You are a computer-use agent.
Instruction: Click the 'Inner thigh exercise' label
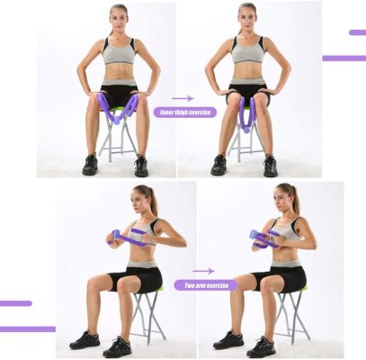click(x=185, y=112)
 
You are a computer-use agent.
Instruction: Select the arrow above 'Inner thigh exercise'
click(x=183, y=98)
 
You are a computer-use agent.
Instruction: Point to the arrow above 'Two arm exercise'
click(x=203, y=270)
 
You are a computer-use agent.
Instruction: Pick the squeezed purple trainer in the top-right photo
click(x=246, y=112)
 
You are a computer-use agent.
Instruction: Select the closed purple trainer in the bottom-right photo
click(x=262, y=237)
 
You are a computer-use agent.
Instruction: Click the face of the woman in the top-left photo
click(x=119, y=19)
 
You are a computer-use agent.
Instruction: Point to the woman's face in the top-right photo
click(x=247, y=19)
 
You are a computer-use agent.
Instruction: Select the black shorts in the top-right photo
click(x=247, y=92)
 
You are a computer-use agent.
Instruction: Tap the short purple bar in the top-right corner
click(x=357, y=32)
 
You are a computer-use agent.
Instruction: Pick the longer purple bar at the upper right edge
click(x=344, y=58)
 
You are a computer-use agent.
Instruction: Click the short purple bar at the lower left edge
click(x=15, y=303)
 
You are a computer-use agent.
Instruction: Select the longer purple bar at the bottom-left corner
click(x=27, y=328)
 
